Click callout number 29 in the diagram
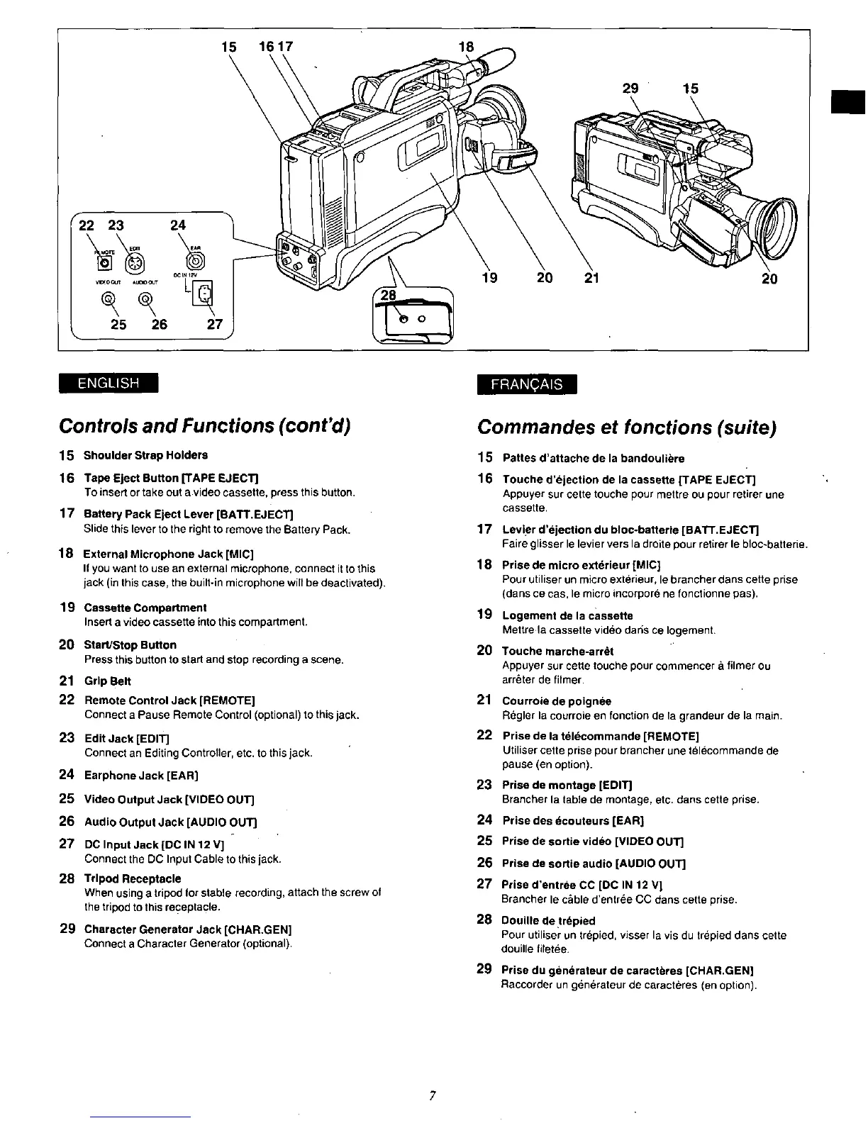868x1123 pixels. click(630, 89)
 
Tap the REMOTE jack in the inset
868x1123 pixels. click(106, 263)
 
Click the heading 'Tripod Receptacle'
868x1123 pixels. click(132, 878)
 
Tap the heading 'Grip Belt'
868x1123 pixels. click(107, 681)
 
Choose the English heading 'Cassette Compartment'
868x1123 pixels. click(145, 608)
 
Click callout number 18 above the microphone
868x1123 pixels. click(466, 47)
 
